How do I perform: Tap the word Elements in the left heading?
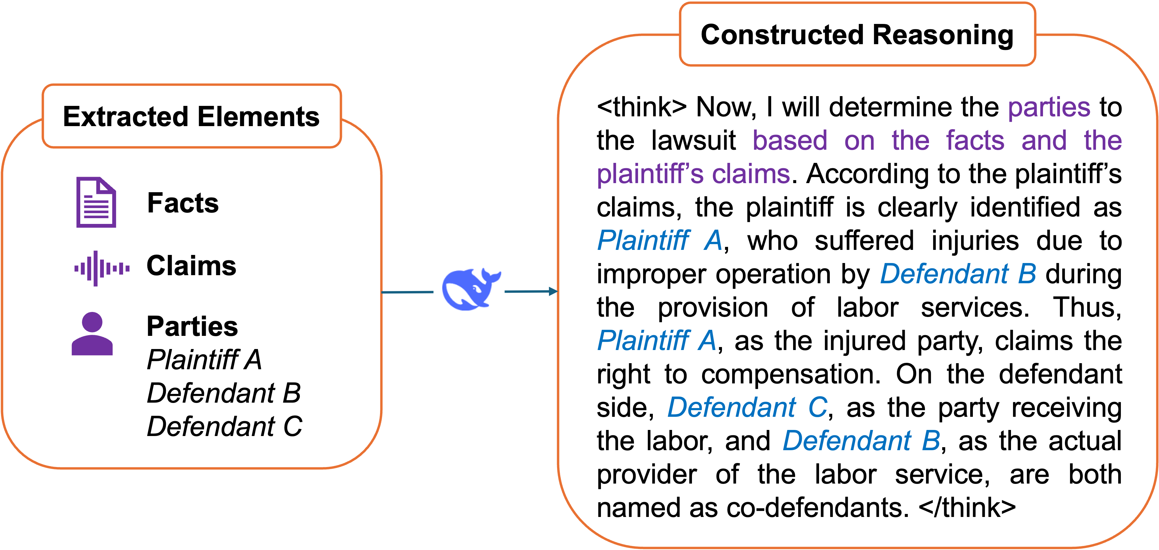[258, 117]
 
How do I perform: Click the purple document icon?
[96, 203]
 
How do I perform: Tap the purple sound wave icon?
[102, 269]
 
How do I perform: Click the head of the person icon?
[92, 322]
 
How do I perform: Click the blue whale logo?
[469, 287]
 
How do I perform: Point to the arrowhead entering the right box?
[553, 292]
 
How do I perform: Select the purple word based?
[790, 140]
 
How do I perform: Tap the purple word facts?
[975, 140]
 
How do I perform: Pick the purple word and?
[1044, 140]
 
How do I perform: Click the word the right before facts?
[910, 140]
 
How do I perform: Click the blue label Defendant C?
[747, 407]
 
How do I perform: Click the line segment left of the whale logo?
[407, 292]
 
